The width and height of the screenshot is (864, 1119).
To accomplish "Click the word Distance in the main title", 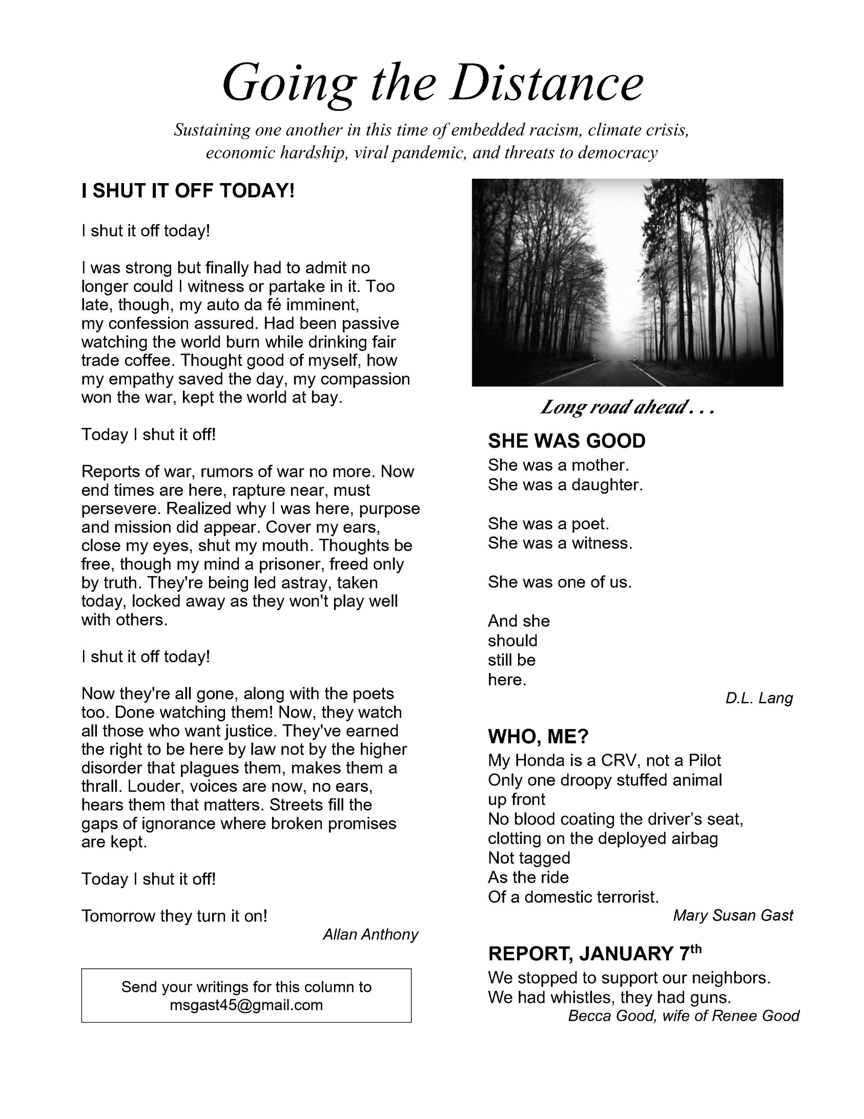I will (546, 82).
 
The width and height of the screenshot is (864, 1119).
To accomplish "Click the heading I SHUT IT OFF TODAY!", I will (188, 191).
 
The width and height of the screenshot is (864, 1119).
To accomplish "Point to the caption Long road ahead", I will (626, 407).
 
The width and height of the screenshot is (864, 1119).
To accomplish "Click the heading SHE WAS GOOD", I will (567, 441).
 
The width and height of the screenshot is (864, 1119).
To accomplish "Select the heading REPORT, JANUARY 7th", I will (594, 953).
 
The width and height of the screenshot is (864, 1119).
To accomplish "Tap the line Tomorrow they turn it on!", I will (174, 916).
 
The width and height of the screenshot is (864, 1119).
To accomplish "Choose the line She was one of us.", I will (559, 582).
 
